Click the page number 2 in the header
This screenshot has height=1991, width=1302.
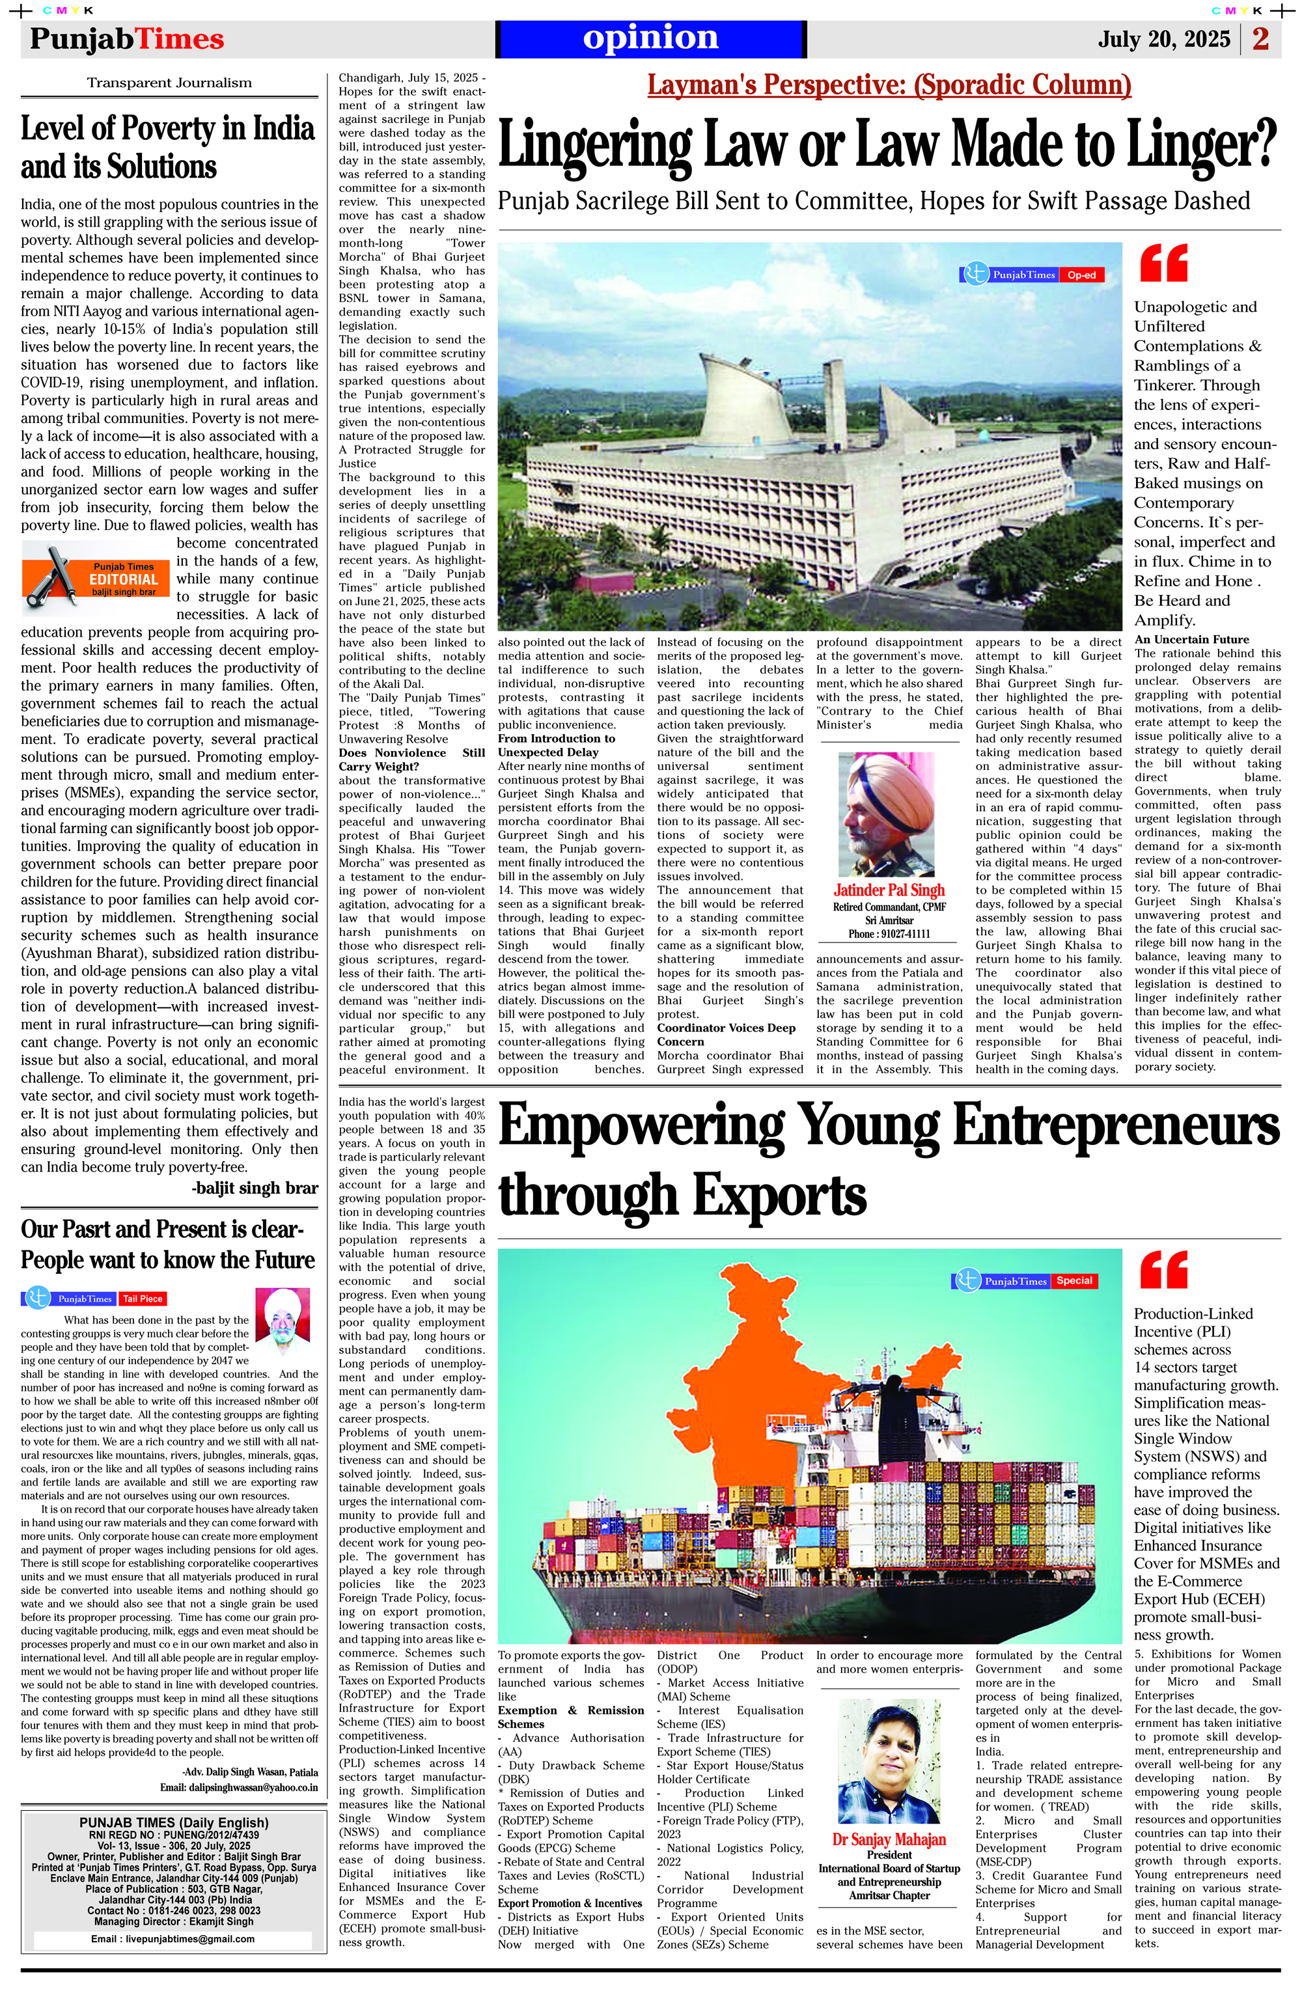1261,39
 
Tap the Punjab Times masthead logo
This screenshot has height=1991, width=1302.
127,39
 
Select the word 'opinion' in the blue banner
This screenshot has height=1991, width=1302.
650,38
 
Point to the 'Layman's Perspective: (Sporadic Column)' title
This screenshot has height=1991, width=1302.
889,85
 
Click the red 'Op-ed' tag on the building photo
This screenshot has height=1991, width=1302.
1081,275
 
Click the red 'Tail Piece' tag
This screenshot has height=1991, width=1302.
143,1298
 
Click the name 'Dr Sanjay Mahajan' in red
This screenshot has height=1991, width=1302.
889,1839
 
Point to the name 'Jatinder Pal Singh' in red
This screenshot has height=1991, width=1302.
889,890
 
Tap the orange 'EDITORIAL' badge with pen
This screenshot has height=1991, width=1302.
96,578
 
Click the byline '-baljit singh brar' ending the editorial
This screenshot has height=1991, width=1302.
255,1188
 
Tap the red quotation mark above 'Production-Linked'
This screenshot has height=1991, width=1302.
1164,1270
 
